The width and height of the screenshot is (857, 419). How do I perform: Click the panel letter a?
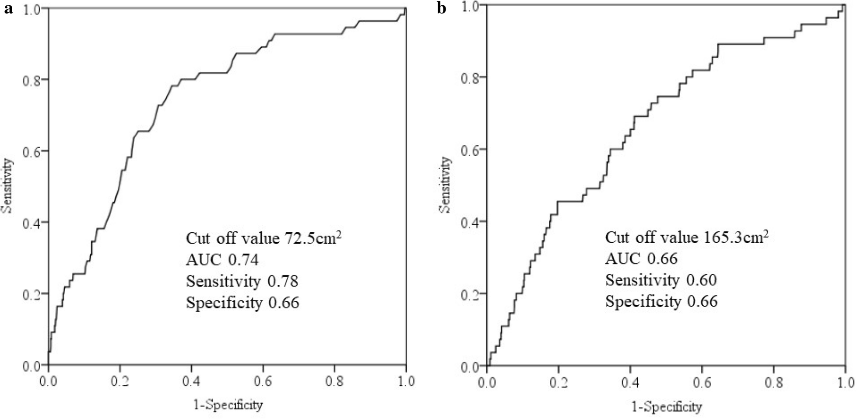tap(8, 9)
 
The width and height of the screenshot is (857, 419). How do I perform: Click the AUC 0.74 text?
tap(222, 260)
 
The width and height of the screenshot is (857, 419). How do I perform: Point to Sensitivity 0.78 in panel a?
tap(242, 281)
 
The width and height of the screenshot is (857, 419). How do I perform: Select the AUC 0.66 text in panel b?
tap(641, 259)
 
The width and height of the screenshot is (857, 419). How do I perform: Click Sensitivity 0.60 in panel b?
tap(661, 280)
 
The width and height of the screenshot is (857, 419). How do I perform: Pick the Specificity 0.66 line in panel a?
tap(242, 303)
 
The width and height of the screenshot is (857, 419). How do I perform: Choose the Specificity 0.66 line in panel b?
tap(661, 301)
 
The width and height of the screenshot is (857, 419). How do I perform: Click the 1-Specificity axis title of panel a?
tap(228, 405)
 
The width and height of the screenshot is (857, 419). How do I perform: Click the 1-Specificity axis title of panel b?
tap(667, 407)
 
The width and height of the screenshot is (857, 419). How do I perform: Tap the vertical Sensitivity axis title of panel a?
tap(7, 185)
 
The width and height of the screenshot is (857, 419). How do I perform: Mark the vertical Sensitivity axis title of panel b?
tap(446, 185)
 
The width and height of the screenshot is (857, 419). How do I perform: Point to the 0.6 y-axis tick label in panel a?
tap(31, 151)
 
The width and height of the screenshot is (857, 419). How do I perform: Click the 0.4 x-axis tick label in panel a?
tap(191, 382)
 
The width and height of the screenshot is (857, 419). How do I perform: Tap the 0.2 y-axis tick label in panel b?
tap(470, 294)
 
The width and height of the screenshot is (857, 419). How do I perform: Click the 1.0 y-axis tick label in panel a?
tap(31, 9)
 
